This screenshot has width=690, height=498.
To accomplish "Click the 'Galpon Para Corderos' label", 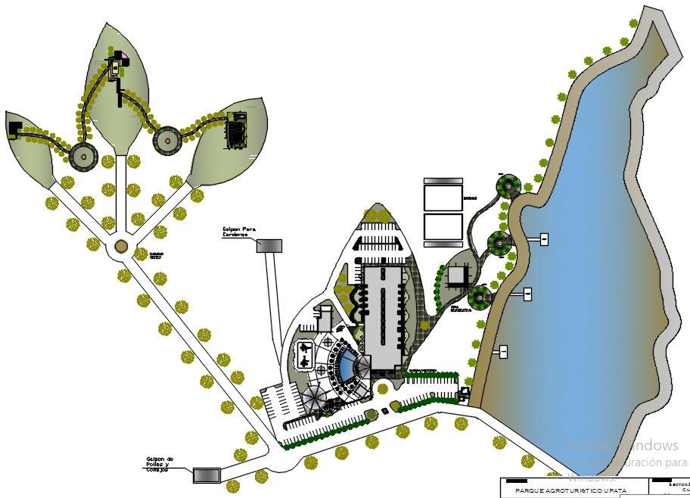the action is (235, 231).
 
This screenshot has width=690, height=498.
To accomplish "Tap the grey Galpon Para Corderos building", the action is (269, 245).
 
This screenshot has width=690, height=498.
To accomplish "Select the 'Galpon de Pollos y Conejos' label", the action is (160, 463).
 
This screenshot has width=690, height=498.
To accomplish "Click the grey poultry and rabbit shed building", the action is (206, 475).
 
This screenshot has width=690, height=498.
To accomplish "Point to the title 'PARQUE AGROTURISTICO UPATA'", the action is (571, 490).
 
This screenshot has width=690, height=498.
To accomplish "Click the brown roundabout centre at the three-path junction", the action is (120, 247).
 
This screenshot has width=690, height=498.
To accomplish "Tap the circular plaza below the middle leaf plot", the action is (82, 155).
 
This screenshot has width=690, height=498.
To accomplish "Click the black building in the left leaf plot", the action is (15, 129).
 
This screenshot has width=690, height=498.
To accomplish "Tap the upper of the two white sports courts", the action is (443, 197).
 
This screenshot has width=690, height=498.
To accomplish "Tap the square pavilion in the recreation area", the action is (457, 276).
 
